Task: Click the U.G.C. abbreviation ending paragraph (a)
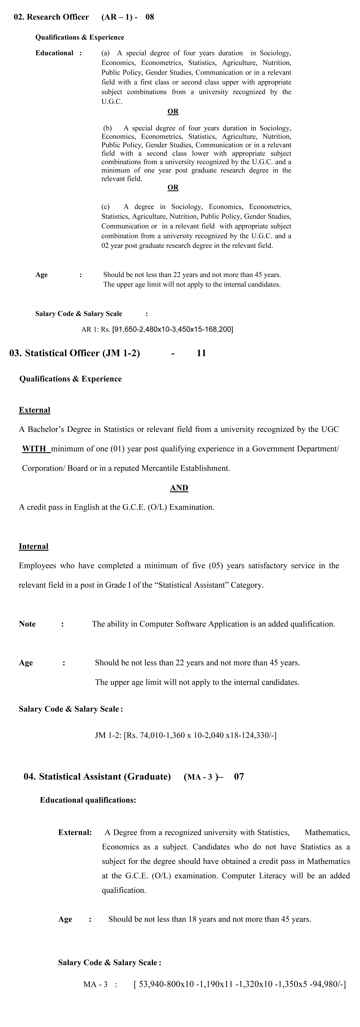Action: coord(112,102)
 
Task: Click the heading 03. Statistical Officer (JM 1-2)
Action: coord(74,353)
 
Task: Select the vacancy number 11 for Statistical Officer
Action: coord(201,353)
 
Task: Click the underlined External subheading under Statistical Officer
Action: coord(35,410)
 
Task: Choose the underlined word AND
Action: coord(179,488)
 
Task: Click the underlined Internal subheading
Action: coord(33,546)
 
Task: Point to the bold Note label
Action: coord(27,624)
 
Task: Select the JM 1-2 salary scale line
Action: coord(186,735)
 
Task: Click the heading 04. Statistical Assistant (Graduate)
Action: coord(97,777)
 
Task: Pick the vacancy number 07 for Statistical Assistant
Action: coord(239,777)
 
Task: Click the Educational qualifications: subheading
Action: coord(88,800)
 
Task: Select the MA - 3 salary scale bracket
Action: coord(240,984)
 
